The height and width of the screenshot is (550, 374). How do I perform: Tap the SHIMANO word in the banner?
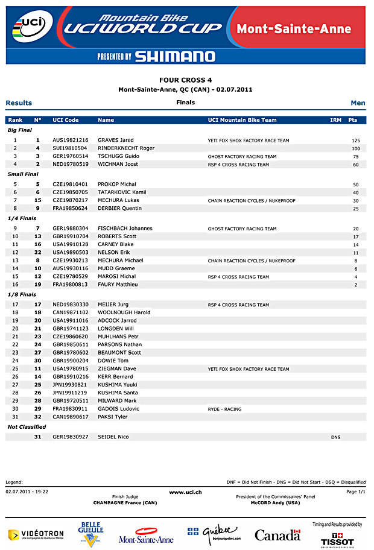tap(175, 57)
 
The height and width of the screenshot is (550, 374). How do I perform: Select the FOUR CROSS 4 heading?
tap(185, 80)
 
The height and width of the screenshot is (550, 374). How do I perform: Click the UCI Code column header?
tap(66, 120)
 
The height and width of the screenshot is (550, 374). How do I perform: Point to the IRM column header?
tap(335, 120)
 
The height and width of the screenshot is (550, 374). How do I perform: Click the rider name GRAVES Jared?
tap(116, 140)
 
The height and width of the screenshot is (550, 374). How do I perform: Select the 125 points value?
tap(355, 141)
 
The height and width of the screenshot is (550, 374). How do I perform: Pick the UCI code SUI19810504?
tap(70, 148)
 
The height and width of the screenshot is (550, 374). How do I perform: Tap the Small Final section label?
tap(23, 174)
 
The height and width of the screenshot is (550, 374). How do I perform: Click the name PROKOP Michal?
tap(116, 184)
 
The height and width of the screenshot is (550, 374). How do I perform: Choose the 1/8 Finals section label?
tap(22, 294)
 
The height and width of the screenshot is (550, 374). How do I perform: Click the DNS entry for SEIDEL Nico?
tap(335, 437)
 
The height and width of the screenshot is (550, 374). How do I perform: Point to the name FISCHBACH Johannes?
tap(125, 229)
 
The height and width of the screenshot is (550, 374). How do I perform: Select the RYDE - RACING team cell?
tap(224, 409)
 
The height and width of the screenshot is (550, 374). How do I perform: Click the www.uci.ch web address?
tap(185, 492)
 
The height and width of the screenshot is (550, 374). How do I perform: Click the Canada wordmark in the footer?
tap(277, 535)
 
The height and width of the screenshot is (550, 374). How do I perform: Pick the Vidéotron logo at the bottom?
tap(36, 534)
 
